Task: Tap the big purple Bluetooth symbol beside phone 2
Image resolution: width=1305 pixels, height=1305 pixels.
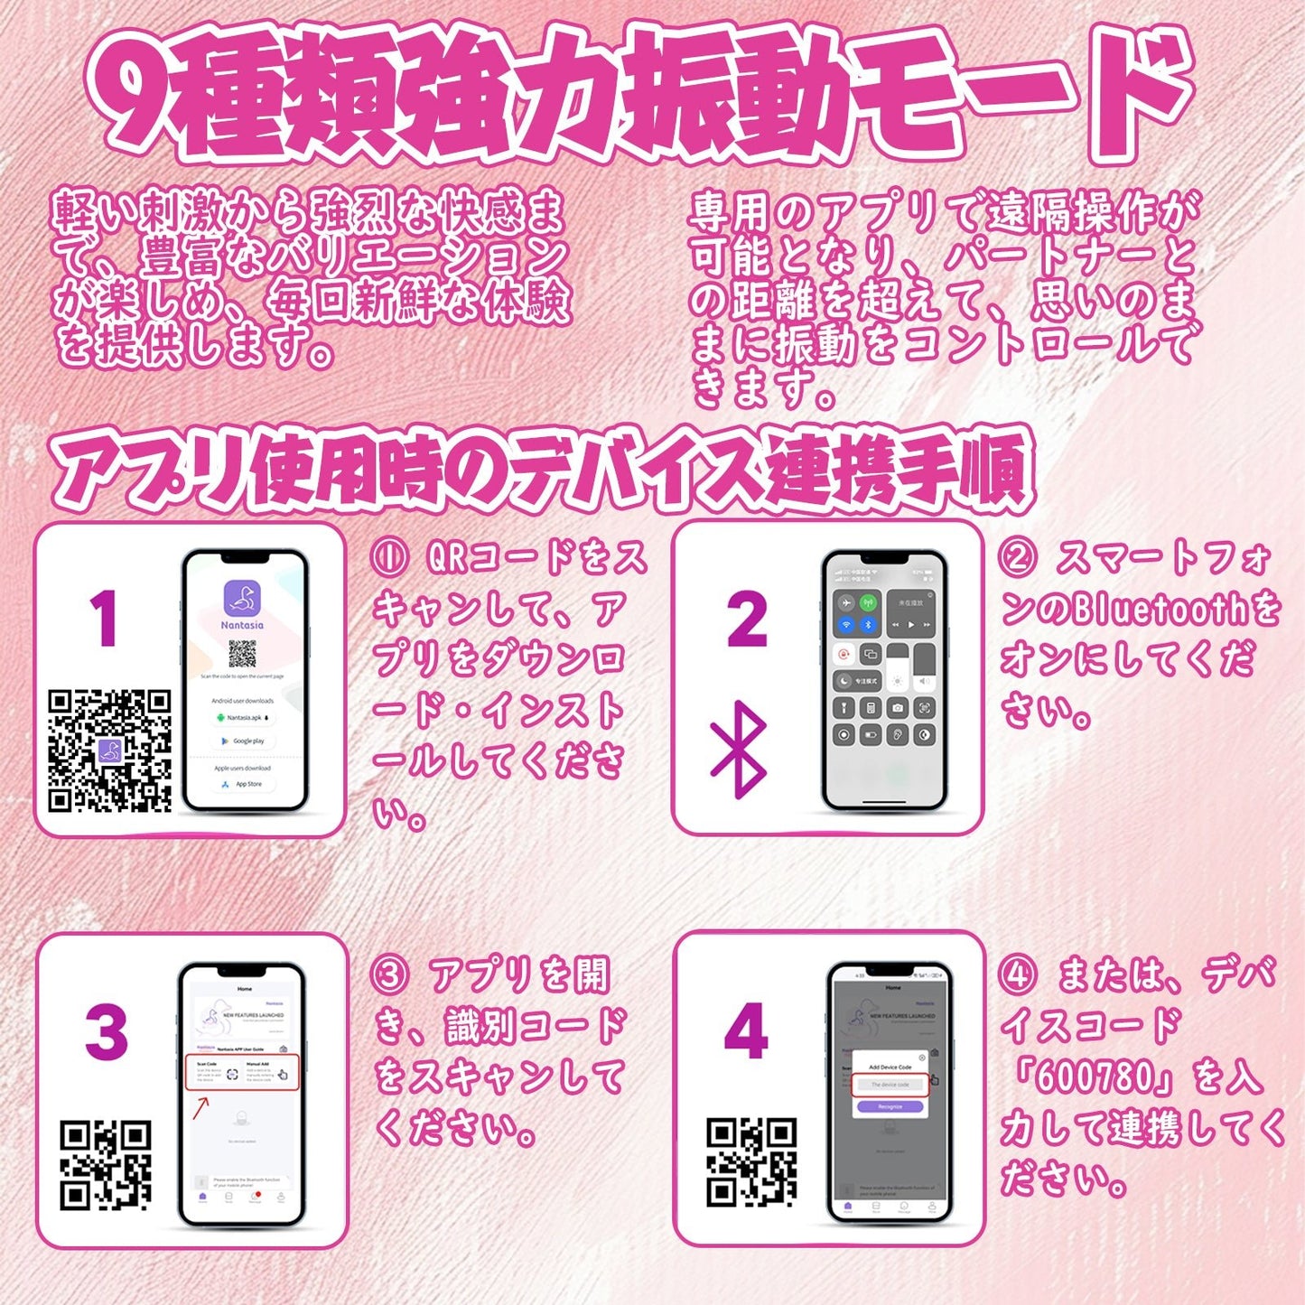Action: pos(739,750)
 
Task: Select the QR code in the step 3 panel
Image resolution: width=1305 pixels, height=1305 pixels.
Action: pos(106,1165)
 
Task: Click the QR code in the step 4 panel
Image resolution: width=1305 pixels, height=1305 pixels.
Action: pos(751,1162)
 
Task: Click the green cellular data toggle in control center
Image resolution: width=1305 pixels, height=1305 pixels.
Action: pos(868,603)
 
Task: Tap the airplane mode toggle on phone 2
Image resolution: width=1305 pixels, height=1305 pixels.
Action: pos(846,603)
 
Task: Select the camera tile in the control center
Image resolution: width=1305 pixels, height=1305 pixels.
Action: pos(897,708)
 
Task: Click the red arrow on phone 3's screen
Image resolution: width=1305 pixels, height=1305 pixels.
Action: pos(200,1106)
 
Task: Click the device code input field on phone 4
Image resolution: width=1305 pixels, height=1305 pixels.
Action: pos(890,1085)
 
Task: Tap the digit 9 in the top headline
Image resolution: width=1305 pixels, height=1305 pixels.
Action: pos(135,95)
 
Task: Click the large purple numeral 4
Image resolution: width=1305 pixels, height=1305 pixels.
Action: pos(746,1031)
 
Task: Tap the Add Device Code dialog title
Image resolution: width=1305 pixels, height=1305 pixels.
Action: pos(890,1067)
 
